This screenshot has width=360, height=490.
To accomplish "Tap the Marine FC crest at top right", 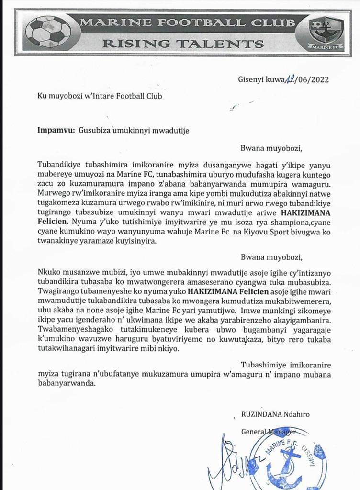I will (x=326, y=32).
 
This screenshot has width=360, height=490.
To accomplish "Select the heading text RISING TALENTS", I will (x=183, y=44).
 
